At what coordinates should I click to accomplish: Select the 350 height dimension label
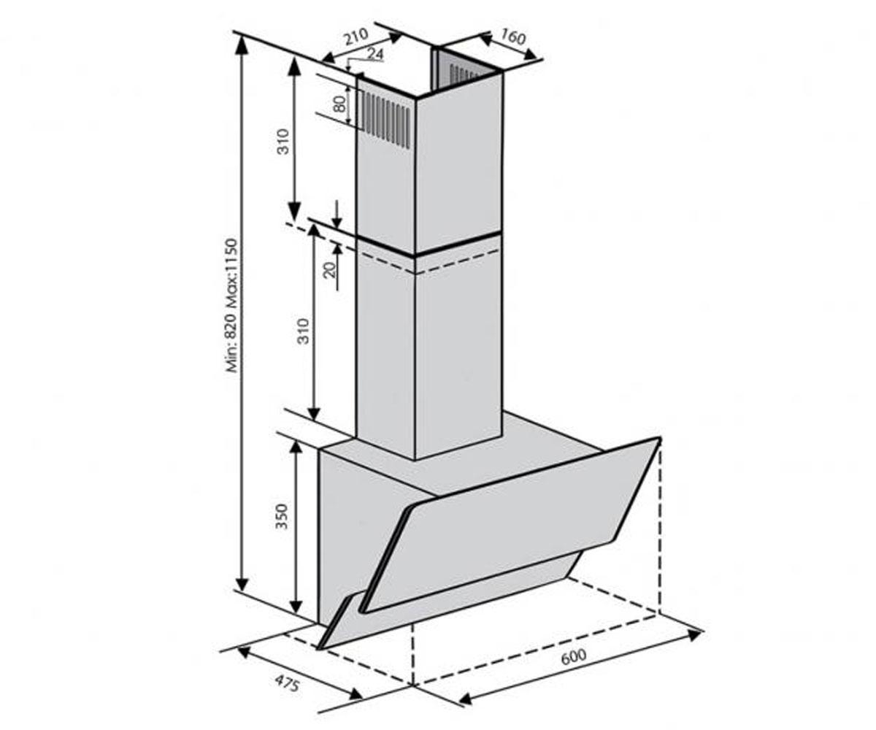(x=283, y=517)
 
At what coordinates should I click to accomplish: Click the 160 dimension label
(x=512, y=38)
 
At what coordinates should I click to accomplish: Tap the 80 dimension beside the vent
(x=341, y=104)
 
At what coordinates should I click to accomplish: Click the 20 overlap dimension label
(x=331, y=270)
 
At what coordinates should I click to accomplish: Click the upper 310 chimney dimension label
(x=284, y=142)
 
